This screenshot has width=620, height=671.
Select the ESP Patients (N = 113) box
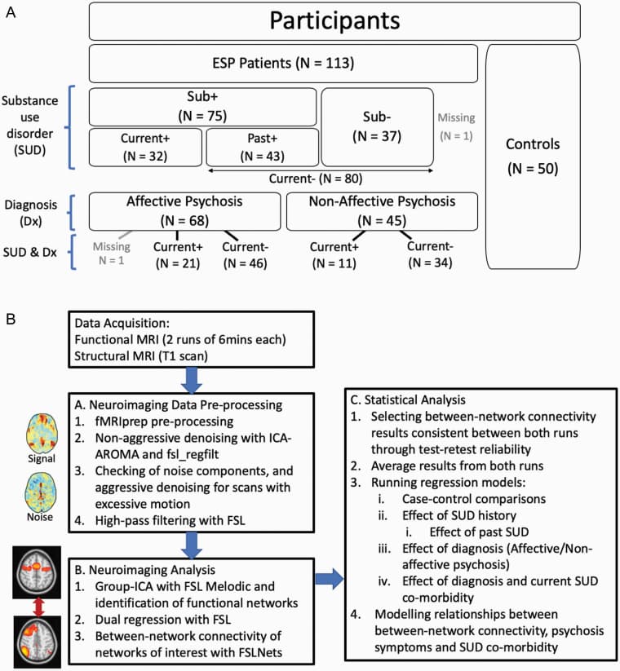pyautogui.click(x=282, y=63)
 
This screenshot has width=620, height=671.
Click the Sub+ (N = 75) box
pyautogui.click(x=202, y=106)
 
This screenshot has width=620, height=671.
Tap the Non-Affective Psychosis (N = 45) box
pyautogui.click(x=382, y=210)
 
